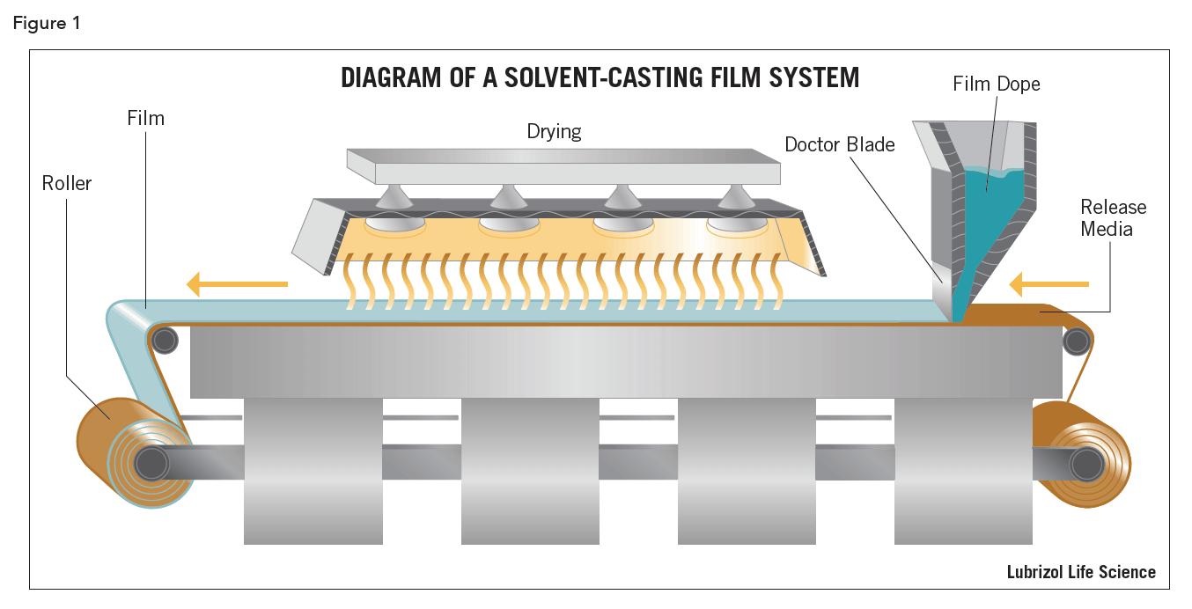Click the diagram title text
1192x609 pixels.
click(x=600, y=78)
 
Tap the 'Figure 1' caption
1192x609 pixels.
click(x=46, y=24)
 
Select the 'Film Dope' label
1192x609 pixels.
click(x=996, y=84)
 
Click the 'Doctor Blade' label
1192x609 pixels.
click(x=839, y=143)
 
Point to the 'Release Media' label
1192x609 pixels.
click(x=1114, y=217)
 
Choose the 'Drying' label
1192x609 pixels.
click(x=554, y=131)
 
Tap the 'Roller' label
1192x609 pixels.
click(x=66, y=183)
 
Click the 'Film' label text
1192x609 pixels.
click(x=145, y=118)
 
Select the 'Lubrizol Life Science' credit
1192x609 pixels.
click(x=1081, y=572)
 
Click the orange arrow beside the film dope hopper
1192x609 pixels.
click(x=1049, y=283)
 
